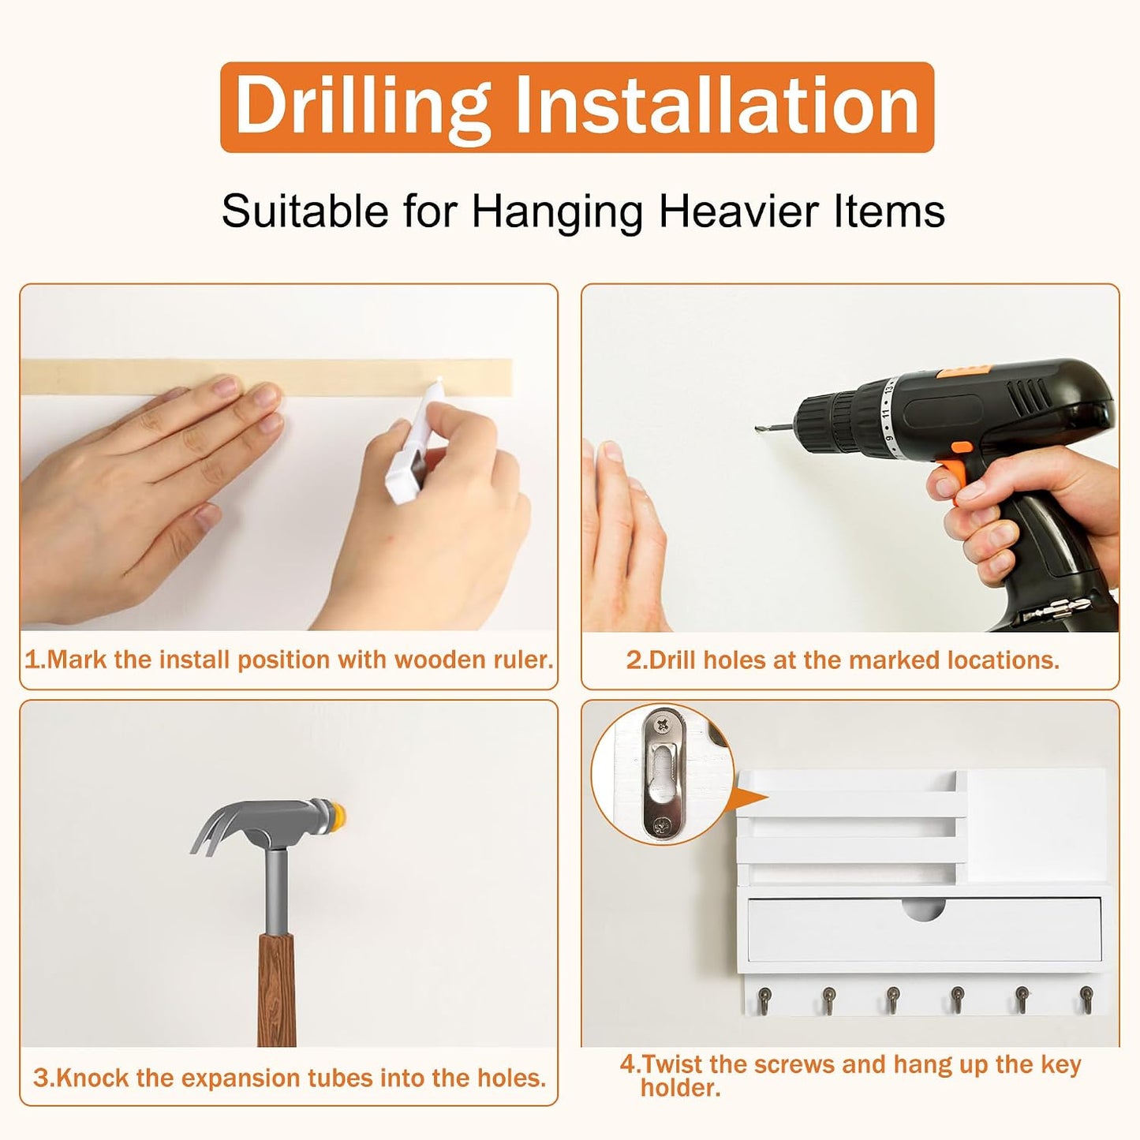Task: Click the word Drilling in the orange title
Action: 363,107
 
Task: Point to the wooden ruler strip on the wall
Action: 266,377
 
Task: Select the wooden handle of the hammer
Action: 276,995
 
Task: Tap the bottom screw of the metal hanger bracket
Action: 661,825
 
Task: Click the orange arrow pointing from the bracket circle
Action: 750,799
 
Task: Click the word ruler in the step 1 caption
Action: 523,660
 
